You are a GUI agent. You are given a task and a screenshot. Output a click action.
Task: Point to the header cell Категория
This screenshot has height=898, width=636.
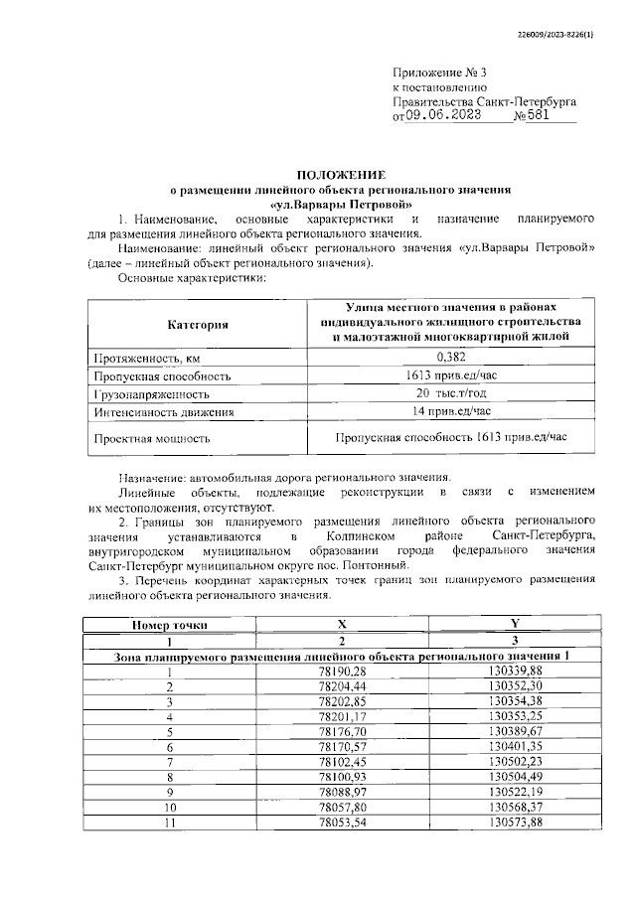(198, 324)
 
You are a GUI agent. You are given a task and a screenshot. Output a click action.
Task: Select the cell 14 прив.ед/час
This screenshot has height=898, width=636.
(451, 410)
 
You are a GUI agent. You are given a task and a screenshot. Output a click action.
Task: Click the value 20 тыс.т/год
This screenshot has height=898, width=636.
(451, 393)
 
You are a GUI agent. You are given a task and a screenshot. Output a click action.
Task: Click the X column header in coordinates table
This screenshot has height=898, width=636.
(342, 625)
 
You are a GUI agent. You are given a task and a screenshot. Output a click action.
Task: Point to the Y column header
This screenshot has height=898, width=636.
(515, 625)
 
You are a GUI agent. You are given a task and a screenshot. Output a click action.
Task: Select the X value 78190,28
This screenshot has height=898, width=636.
(342, 673)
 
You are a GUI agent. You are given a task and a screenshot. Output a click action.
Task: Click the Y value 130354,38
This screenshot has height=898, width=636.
(516, 701)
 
